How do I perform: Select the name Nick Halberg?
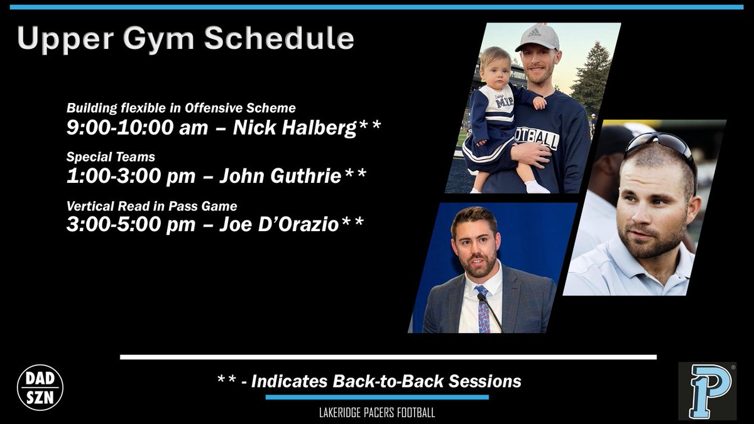tap(295, 128)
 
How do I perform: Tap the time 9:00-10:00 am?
tap(137, 128)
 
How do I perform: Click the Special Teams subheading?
tap(111, 157)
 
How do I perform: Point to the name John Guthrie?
tap(280, 176)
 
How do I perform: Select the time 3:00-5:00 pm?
tap(131, 224)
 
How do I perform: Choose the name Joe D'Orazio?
tap(279, 224)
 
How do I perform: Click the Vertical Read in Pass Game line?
tap(152, 206)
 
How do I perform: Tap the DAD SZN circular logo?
tap(40, 388)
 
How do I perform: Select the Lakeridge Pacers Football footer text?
tap(377, 413)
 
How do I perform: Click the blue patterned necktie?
tap(483, 309)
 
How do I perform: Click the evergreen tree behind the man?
tap(592, 78)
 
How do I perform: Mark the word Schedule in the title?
tap(279, 38)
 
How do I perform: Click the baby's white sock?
tap(536, 187)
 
